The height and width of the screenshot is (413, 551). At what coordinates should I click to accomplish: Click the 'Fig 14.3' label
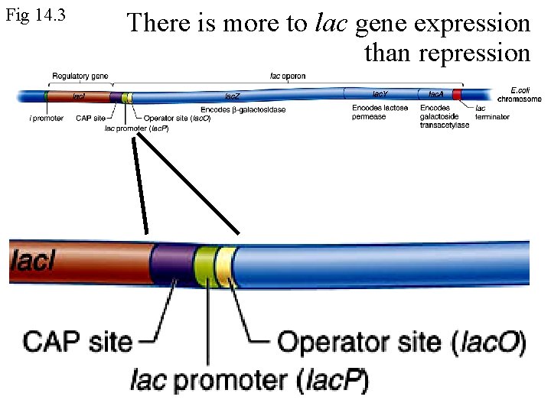35,15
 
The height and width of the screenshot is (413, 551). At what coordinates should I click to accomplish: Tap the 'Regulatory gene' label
80,76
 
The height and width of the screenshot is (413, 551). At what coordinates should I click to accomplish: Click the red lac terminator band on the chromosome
457,95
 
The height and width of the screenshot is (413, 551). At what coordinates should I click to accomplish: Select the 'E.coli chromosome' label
520,94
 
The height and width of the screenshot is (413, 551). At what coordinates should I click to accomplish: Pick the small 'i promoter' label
47,119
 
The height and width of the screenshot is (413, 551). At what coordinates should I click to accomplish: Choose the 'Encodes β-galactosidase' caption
243,109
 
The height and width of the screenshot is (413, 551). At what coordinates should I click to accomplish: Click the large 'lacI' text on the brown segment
33,262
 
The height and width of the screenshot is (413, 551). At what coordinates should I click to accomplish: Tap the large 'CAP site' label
77,341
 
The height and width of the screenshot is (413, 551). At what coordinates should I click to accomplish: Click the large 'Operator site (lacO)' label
401,342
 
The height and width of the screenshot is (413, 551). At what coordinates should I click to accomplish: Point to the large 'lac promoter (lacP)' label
249,379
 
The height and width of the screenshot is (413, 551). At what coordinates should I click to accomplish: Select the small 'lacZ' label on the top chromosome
232,96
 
